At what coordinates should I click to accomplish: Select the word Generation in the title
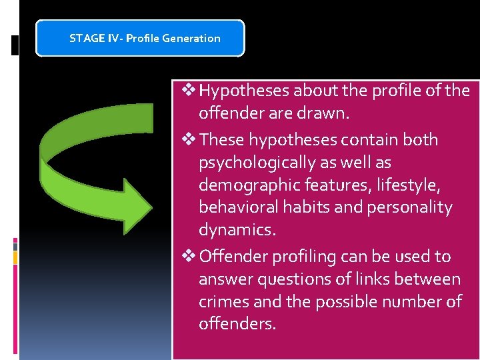click(194, 38)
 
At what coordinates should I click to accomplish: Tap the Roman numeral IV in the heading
click(111, 38)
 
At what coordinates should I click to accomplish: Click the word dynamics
click(235, 231)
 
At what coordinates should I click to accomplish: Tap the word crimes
click(224, 302)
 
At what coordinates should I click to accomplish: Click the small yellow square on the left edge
click(15, 257)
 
